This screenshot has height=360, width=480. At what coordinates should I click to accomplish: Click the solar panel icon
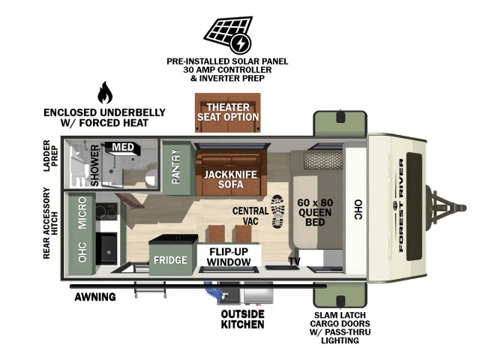coord(229,34)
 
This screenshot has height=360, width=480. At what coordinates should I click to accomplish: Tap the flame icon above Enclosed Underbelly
coord(105,92)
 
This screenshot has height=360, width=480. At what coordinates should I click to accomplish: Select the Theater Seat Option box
coord(228,112)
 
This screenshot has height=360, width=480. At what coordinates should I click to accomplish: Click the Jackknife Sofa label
coord(231,179)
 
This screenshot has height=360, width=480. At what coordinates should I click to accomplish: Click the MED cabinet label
coord(123,147)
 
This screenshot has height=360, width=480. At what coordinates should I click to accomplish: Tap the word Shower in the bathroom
coord(95,165)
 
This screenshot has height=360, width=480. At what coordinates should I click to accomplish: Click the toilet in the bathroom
coord(151,176)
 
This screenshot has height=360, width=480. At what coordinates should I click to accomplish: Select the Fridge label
coord(170,260)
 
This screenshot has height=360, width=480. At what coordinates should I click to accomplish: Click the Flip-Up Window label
coord(229,256)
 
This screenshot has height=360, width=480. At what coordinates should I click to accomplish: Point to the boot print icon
coord(278,211)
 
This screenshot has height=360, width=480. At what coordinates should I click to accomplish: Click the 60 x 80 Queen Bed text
coord(315,212)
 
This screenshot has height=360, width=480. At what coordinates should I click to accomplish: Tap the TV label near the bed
coord(295,261)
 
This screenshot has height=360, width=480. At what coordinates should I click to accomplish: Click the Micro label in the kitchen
coord(82,213)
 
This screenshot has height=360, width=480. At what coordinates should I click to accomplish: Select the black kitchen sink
coord(106,248)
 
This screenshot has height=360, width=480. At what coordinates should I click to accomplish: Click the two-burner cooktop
coord(106,211)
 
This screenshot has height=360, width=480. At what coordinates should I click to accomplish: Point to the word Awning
coord(95,297)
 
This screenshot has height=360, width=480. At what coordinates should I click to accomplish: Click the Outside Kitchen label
coord(242,319)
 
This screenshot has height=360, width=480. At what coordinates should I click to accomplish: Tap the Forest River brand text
coord(401,205)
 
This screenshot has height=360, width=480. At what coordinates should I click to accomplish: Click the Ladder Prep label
coord(50,156)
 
